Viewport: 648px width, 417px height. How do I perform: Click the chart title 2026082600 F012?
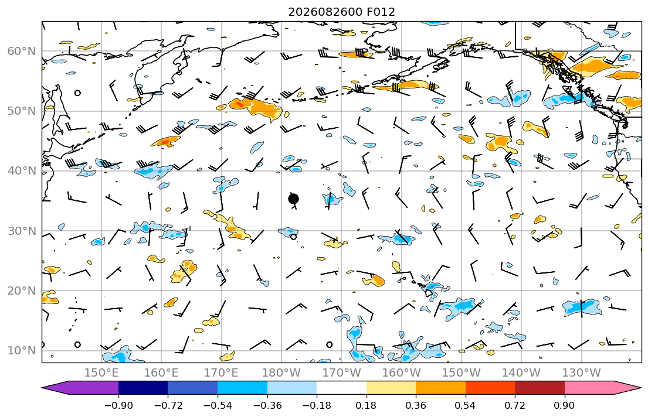point(341,12)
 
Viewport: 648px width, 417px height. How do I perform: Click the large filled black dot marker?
point(293,199)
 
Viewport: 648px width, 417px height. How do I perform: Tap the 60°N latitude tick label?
point(22,51)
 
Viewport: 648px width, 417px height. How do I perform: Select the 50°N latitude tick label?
point(22,111)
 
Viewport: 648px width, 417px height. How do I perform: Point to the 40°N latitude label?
point(22,171)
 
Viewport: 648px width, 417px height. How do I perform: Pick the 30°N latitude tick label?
point(22,231)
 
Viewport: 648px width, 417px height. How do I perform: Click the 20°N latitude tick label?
point(22,290)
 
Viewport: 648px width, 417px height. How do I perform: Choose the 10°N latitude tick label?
point(22,351)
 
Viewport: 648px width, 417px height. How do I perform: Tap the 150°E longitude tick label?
point(101,373)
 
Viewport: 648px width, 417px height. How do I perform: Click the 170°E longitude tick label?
point(222,373)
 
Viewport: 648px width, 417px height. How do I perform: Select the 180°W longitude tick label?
point(282,373)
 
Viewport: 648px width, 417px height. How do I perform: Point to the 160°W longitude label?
point(402,373)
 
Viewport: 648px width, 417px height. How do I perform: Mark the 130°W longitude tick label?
point(582,373)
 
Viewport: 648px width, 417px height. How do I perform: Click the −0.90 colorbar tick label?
point(118,405)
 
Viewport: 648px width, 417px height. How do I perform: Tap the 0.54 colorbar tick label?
point(466,405)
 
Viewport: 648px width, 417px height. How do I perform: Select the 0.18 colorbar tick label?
point(366,405)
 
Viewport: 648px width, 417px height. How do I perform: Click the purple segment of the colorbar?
point(83,388)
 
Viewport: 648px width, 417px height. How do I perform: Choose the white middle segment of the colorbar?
point(341,388)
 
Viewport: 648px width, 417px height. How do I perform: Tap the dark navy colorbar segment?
point(143,388)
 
